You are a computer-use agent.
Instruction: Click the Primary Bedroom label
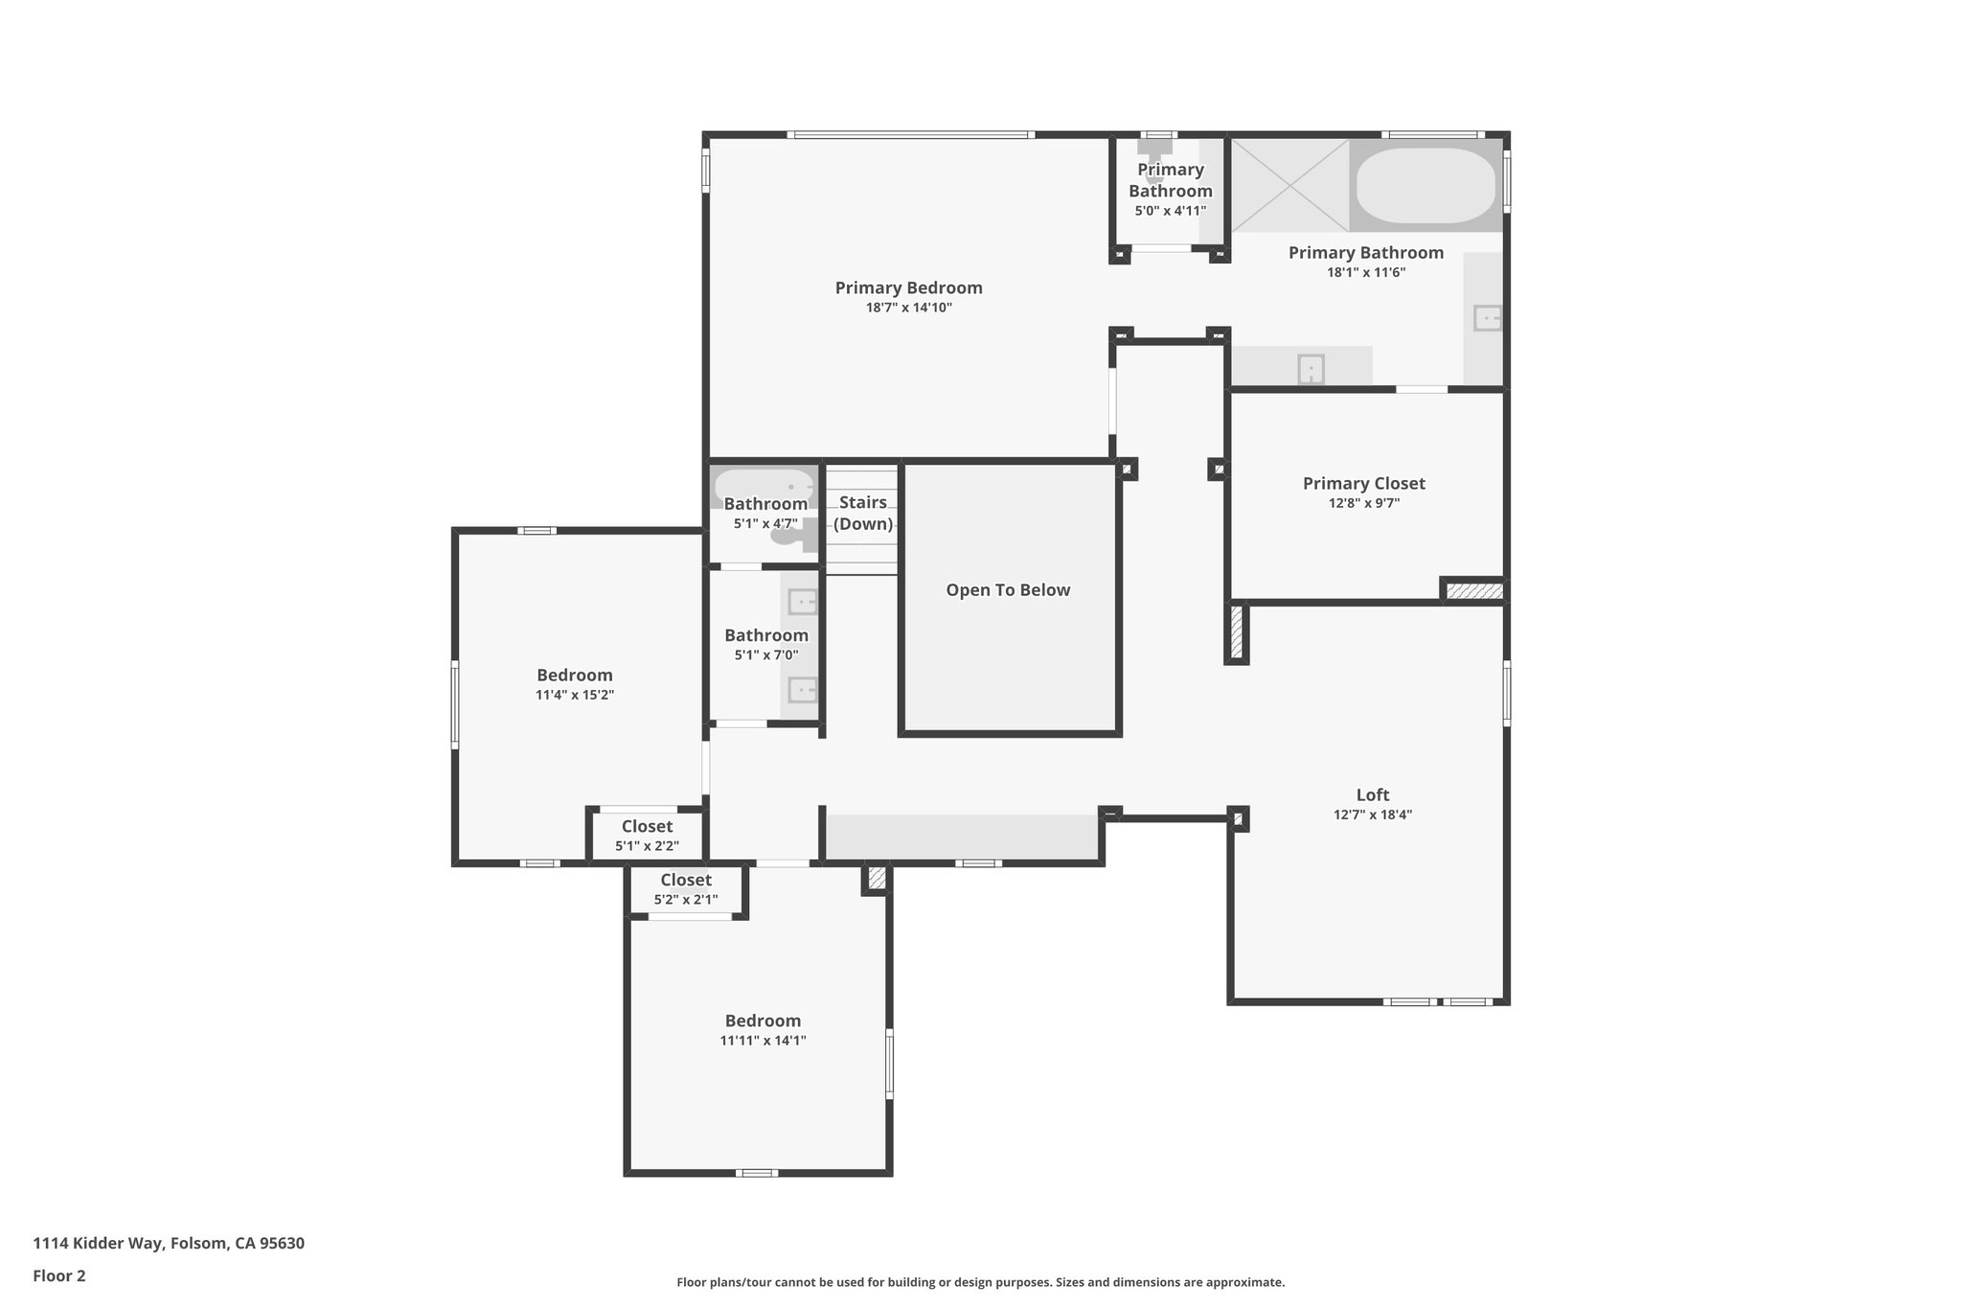coord(908,287)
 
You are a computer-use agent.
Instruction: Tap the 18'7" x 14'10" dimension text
coord(908,308)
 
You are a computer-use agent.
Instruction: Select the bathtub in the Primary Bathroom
coord(1425,185)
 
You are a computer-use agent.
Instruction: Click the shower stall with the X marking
coord(1289,185)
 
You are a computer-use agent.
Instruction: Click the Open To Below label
coord(1008,590)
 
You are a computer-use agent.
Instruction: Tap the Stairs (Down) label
coord(862,513)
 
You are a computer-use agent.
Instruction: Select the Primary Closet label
coord(1363,484)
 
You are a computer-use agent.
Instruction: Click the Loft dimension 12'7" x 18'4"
coord(1372,815)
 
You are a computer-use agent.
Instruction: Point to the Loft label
coord(1372,794)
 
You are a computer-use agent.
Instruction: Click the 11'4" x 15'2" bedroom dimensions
coord(574,695)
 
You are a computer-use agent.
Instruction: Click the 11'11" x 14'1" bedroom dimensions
coord(763,1041)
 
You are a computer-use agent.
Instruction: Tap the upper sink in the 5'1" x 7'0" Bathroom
coord(801,602)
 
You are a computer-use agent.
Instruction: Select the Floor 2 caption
coord(59,1275)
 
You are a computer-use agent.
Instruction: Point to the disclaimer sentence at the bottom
coord(980,1282)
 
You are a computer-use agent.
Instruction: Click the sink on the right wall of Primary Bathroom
coord(1486,317)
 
